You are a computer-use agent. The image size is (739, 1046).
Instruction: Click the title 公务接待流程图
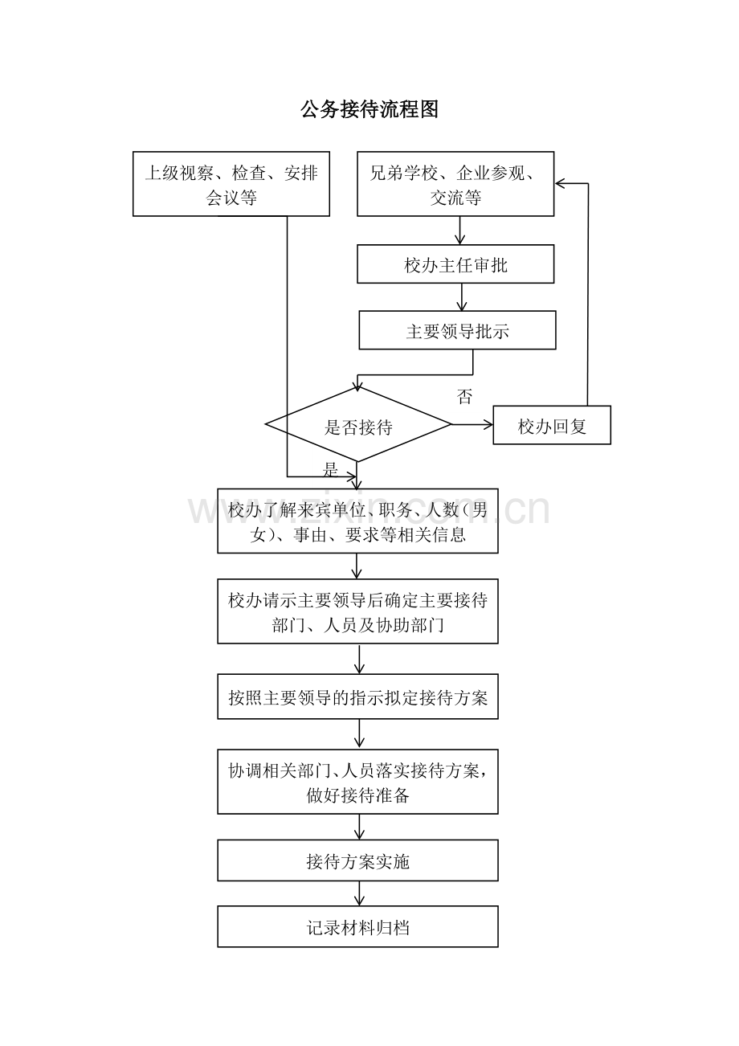coord(369,109)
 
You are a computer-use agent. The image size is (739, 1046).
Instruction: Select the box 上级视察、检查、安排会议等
coord(231,183)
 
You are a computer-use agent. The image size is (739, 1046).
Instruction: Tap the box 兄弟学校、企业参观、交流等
coord(455,183)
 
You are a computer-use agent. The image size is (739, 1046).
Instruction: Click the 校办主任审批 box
coord(455,264)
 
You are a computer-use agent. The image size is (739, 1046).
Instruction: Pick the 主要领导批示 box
coord(458,330)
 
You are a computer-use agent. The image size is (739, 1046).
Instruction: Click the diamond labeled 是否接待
coord(358,424)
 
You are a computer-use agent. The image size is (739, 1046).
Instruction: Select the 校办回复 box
coord(552,425)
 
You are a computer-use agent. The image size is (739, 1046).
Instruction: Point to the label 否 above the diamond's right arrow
coord(464,396)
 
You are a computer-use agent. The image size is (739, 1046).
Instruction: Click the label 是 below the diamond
coord(330,469)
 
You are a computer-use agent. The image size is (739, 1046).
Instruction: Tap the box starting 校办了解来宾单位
coord(357,521)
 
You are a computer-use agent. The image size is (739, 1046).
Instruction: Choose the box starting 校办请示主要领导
coord(357,611)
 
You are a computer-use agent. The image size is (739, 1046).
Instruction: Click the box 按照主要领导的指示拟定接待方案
coord(357,697)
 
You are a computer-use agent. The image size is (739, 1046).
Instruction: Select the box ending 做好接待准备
coord(357,782)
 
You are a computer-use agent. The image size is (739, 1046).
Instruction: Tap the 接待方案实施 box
coord(357,860)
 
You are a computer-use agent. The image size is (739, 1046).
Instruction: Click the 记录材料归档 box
coord(357,927)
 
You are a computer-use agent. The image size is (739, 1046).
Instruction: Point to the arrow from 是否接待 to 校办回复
coord(472,424)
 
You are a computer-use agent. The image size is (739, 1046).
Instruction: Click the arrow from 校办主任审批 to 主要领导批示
coord(462,297)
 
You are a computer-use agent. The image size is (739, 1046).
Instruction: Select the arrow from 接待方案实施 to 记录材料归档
coord(359,894)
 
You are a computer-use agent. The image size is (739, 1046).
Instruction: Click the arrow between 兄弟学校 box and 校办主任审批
coord(459,231)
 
